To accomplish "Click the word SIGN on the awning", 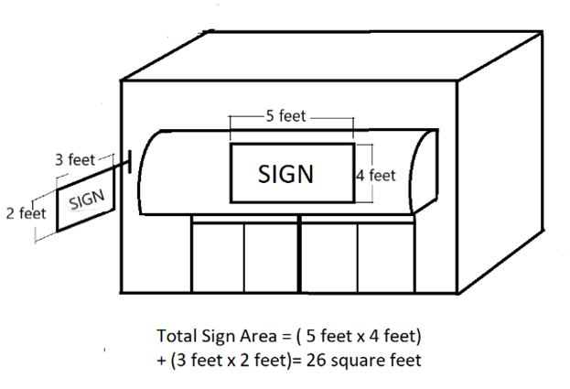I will point(286,174).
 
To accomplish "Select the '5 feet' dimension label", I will point(285,116).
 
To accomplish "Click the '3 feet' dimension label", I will point(75,159).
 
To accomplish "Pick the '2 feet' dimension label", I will point(25,213).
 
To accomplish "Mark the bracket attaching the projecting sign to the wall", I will point(126,162).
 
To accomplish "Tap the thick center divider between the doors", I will point(300,255).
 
